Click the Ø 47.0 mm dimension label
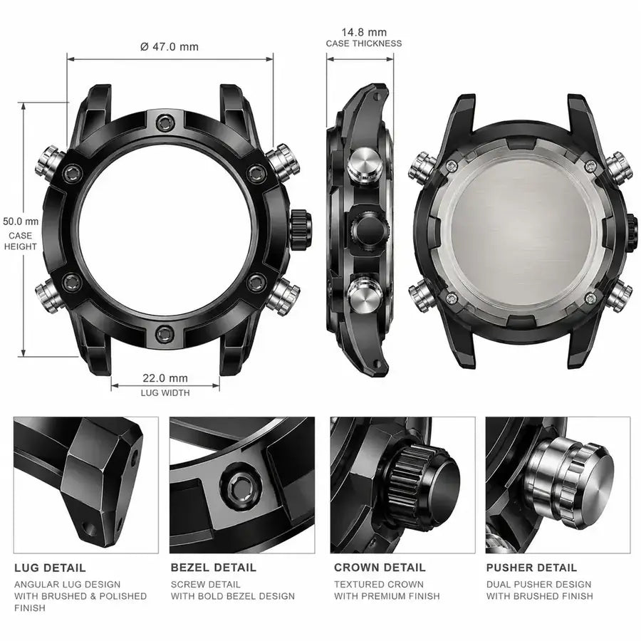170,46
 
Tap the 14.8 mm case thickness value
364,32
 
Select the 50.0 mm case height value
21,222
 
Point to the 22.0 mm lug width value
165,378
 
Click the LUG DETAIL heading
50,568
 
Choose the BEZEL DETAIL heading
214,568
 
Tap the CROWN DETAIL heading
380,568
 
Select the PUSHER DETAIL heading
531,568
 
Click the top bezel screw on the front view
165,123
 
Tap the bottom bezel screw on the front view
165,334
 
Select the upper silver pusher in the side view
365,165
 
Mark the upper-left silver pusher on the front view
49,162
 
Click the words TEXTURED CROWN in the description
379,585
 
